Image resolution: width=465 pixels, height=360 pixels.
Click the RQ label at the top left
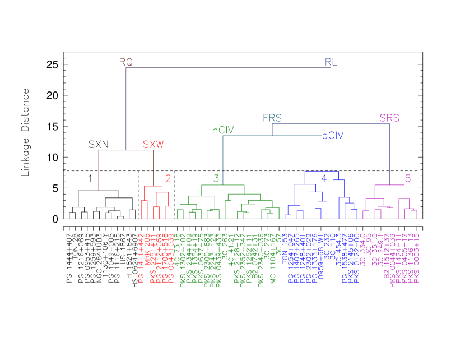pyautogui.click(x=126, y=62)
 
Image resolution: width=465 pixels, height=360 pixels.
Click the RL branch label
pyautogui.click(x=331, y=62)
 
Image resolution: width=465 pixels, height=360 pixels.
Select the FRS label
pyautogui.click(x=272, y=118)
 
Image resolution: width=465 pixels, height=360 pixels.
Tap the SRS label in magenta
pyautogui.click(x=389, y=118)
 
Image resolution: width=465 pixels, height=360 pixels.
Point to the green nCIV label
pyautogui.click(x=223, y=131)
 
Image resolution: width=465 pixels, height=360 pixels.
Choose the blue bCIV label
pyautogui.click(x=333, y=136)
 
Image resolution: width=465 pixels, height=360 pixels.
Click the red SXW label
pyautogui.click(x=153, y=145)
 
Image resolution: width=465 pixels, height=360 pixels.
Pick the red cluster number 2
pyautogui.click(x=168, y=179)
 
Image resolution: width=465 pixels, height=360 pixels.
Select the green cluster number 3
pyautogui.click(x=216, y=179)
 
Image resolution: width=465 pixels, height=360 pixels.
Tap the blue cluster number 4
pyautogui.click(x=324, y=179)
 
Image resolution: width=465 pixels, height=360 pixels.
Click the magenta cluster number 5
pyautogui.click(x=408, y=179)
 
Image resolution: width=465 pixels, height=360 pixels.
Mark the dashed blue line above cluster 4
pyautogui.click(x=322, y=171)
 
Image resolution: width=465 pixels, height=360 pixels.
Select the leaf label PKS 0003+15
pyautogui.click(x=416, y=258)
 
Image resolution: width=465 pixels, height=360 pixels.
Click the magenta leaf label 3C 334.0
pyautogui.click(x=363, y=249)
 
